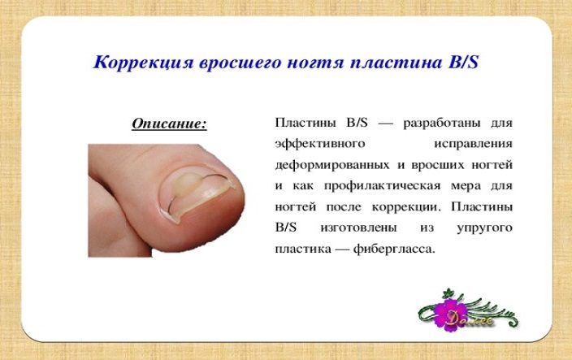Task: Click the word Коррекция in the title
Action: (x=143, y=62)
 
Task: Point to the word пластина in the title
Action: (x=396, y=63)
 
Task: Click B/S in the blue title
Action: (x=463, y=62)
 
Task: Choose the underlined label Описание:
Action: (x=169, y=124)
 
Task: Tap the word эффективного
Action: (x=320, y=144)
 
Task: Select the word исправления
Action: (x=473, y=144)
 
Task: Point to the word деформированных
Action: (x=332, y=165)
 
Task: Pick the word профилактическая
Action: (x=383, y=186)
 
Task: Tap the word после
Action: (x=344, y=207)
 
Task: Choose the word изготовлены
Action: (x=358, y=228)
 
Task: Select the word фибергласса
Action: (x=394, y=249)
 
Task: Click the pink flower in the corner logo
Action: (x=449, y=314)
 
